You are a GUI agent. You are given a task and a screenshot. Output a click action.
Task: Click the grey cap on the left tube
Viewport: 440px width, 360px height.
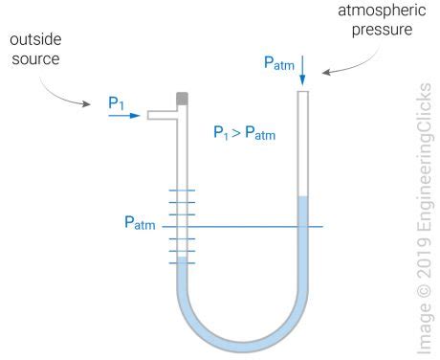(x=182, y=97)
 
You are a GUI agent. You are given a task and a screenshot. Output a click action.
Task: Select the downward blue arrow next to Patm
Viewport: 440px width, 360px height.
(x=302, y=69)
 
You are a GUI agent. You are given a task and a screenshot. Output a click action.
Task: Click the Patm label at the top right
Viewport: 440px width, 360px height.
(x=279, y=62)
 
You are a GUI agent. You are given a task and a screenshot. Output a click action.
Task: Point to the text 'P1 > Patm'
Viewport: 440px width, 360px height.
(x=244, y=133)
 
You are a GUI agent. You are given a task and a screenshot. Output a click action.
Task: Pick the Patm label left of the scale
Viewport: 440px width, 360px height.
(x=140, y=224)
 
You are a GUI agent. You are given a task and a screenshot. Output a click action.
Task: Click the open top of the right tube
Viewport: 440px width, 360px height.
(x=303, y=92)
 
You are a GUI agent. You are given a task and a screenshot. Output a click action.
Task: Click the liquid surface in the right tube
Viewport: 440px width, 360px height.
(x=303, y=197)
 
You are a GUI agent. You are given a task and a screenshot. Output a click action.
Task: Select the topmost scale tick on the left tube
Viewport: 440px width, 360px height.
(x=182, y=191)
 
